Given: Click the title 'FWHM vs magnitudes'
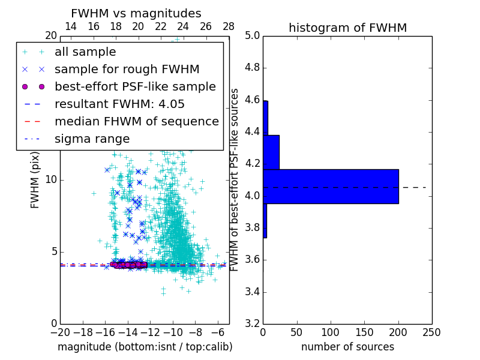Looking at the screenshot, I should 136,13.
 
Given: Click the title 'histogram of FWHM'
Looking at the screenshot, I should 347,28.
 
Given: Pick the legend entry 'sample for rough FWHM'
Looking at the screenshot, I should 127,69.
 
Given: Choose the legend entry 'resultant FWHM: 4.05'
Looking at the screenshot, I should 119,104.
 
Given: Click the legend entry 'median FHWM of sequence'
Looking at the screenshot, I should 136,121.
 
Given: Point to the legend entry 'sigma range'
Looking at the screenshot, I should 92,139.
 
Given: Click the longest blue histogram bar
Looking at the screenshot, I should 331,187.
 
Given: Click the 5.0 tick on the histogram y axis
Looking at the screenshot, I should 252,35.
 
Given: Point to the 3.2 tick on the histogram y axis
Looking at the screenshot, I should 252,324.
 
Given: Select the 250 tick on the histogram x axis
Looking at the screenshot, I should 431,332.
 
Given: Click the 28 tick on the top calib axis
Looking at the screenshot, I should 229,26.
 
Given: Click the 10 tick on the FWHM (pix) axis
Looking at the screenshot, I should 50,180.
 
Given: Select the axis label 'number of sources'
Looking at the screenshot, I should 347,347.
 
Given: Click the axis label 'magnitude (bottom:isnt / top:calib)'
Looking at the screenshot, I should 145,347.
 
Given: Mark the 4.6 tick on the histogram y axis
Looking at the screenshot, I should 252,100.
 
